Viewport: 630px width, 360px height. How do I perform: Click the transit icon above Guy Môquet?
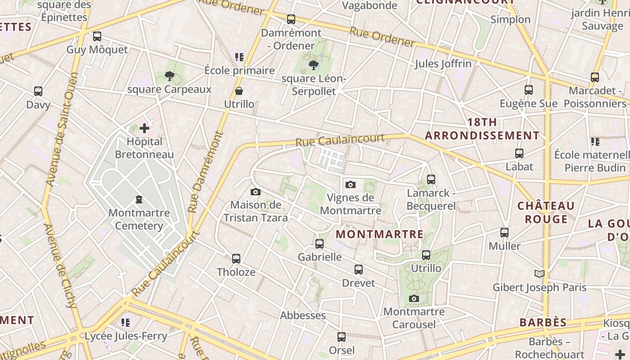(97, 36)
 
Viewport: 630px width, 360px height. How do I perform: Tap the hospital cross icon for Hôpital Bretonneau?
(144, 128)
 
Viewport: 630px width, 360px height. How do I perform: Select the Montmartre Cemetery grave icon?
(139, 199)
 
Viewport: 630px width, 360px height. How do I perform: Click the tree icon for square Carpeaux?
(169, 76)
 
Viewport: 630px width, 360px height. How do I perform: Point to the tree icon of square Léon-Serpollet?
(313, 65)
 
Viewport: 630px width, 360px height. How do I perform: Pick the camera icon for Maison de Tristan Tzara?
(256, 192)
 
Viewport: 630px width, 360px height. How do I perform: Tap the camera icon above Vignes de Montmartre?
(351, 184)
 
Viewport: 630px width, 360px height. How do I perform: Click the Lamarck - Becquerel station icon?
(431, 180)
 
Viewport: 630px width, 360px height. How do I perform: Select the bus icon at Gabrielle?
(319, 244)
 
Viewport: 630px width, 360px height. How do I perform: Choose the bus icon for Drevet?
(359, 270)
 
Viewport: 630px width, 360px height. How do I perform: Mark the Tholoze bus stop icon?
(236, 259)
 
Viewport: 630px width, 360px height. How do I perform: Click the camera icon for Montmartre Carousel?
(414, 298)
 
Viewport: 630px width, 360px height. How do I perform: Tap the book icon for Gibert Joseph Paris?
(540, 274)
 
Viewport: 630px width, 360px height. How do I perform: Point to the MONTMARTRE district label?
(380, 234)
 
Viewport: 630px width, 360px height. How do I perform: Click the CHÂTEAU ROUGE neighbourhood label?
(546, 212)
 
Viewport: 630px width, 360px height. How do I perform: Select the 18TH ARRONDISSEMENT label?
(482, 129)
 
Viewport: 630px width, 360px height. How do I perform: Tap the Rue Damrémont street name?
(206, 172)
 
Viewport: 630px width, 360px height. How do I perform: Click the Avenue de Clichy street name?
(60, 265)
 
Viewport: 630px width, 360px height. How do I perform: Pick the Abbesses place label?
(303, 315)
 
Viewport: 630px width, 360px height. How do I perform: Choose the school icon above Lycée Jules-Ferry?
(126, 322)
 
